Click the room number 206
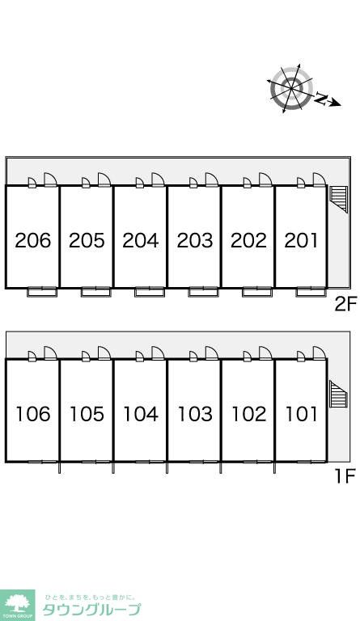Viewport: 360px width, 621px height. (33, 240)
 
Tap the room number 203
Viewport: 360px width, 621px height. (195, 240)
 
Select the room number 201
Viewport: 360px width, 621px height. (301, 240)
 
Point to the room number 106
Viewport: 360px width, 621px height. (33, 414)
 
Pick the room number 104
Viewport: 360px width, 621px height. (141, 414)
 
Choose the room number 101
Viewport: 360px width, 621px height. (302, 414)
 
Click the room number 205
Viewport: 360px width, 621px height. (87, 240)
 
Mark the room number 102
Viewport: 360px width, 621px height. (248, 414)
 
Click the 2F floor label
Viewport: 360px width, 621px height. (345, 305)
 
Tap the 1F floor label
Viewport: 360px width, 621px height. (345, 475)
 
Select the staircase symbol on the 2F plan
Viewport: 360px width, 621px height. (338, 199)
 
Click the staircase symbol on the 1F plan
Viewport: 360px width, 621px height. (339, 394)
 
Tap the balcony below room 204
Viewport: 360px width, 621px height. (150, 292)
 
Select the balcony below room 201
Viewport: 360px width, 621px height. (311, 292)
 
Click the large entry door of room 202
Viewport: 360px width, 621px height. (265, 180)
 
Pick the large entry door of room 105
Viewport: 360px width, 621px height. (104, 353)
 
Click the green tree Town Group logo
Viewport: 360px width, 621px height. (17, 605)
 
